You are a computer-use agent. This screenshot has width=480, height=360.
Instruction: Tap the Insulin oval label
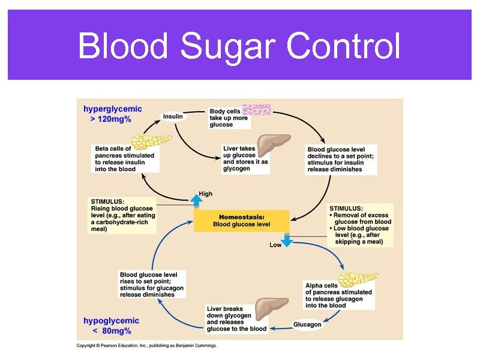[x=173, y=116]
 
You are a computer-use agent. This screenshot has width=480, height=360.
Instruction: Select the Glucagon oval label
[x=307, y=325]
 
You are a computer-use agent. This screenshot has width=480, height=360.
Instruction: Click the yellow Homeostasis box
[x=241, y=220]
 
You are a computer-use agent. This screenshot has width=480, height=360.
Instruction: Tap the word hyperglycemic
[x=113, y=109]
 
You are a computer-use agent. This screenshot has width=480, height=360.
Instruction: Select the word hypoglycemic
[x=111, y=320]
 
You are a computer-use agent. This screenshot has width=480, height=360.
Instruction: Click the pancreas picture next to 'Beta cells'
[x=150, y=141]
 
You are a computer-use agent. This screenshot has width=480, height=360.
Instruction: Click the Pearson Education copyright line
[x=146, y=346]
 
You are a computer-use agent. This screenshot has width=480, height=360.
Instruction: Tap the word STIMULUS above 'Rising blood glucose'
[x=107, y=201]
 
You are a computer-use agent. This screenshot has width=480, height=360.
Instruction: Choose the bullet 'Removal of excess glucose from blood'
[x=361, y=218]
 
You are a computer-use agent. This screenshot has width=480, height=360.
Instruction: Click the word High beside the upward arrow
[x=205, y=194]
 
